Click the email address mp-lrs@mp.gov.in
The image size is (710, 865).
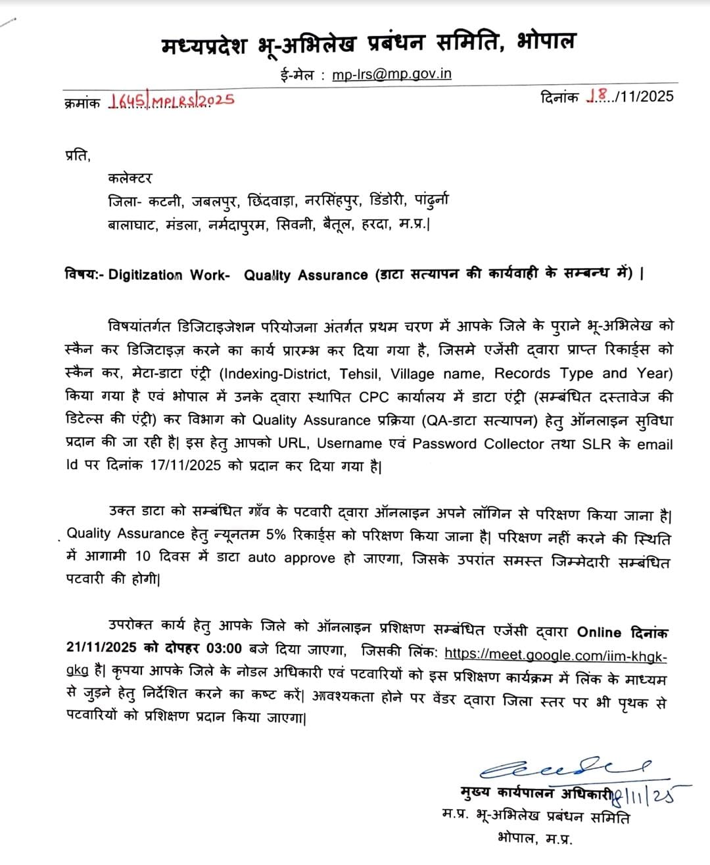click(x=392, y=74)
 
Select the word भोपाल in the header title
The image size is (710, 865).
click(x=546, y=42)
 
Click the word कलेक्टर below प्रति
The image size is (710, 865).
click(x=130, y=178)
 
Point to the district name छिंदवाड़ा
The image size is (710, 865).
click(x=272, y=200)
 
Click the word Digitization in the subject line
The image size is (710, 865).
click(x=145, y=275)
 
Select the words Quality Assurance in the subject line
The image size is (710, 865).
click(x=306, y=275)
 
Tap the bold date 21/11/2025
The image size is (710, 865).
click(x=102, y=648)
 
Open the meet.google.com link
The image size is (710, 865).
click(x=556, y=655)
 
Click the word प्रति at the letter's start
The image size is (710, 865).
click(x=77, y=156)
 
